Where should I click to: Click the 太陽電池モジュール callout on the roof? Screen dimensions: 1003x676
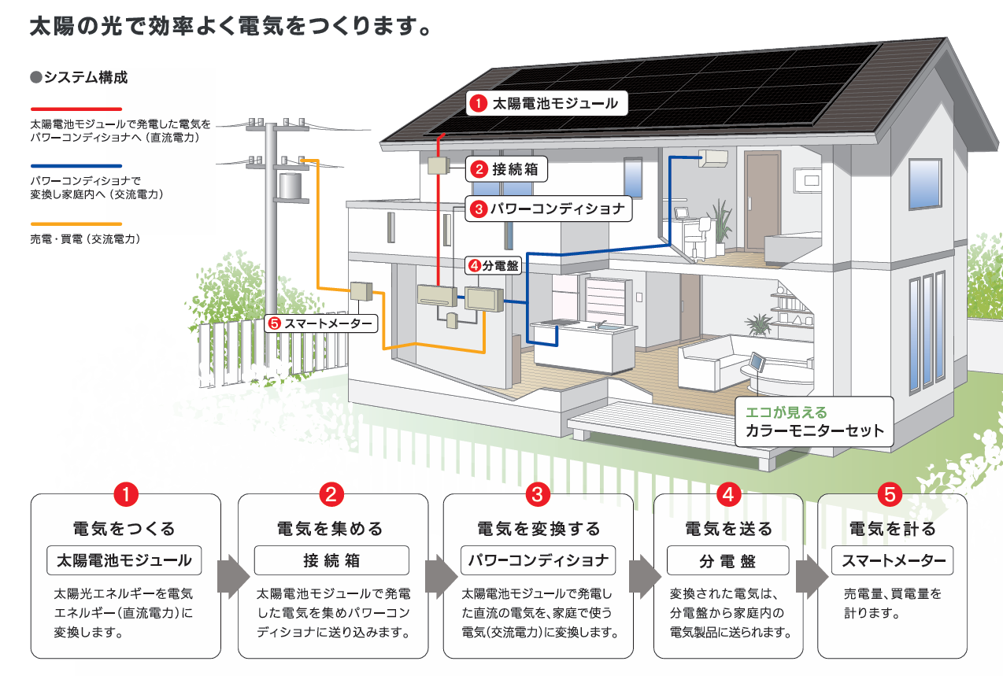546,103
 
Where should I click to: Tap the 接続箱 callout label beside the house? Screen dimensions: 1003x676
506,169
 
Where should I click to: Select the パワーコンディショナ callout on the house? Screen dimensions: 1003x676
549,209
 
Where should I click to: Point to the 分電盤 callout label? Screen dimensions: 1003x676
494,265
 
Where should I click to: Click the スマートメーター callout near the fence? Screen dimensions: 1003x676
320,323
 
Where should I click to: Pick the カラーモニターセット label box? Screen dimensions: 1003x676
814,422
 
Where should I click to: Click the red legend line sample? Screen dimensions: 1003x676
76,109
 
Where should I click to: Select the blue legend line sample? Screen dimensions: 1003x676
76,165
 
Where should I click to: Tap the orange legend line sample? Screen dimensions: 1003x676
76,223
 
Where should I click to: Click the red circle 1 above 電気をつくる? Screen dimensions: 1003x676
126,494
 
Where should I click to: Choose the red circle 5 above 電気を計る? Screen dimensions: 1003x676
890,494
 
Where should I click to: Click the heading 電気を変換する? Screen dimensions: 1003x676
539,529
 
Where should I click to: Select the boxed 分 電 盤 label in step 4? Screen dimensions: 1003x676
727,560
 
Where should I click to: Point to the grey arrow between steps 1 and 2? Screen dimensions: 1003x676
233,577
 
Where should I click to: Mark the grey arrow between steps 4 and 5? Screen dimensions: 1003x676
812,577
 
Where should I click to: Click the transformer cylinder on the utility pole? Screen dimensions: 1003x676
291,187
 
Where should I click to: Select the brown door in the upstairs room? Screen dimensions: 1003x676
762,200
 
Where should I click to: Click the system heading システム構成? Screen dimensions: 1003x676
79,77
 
